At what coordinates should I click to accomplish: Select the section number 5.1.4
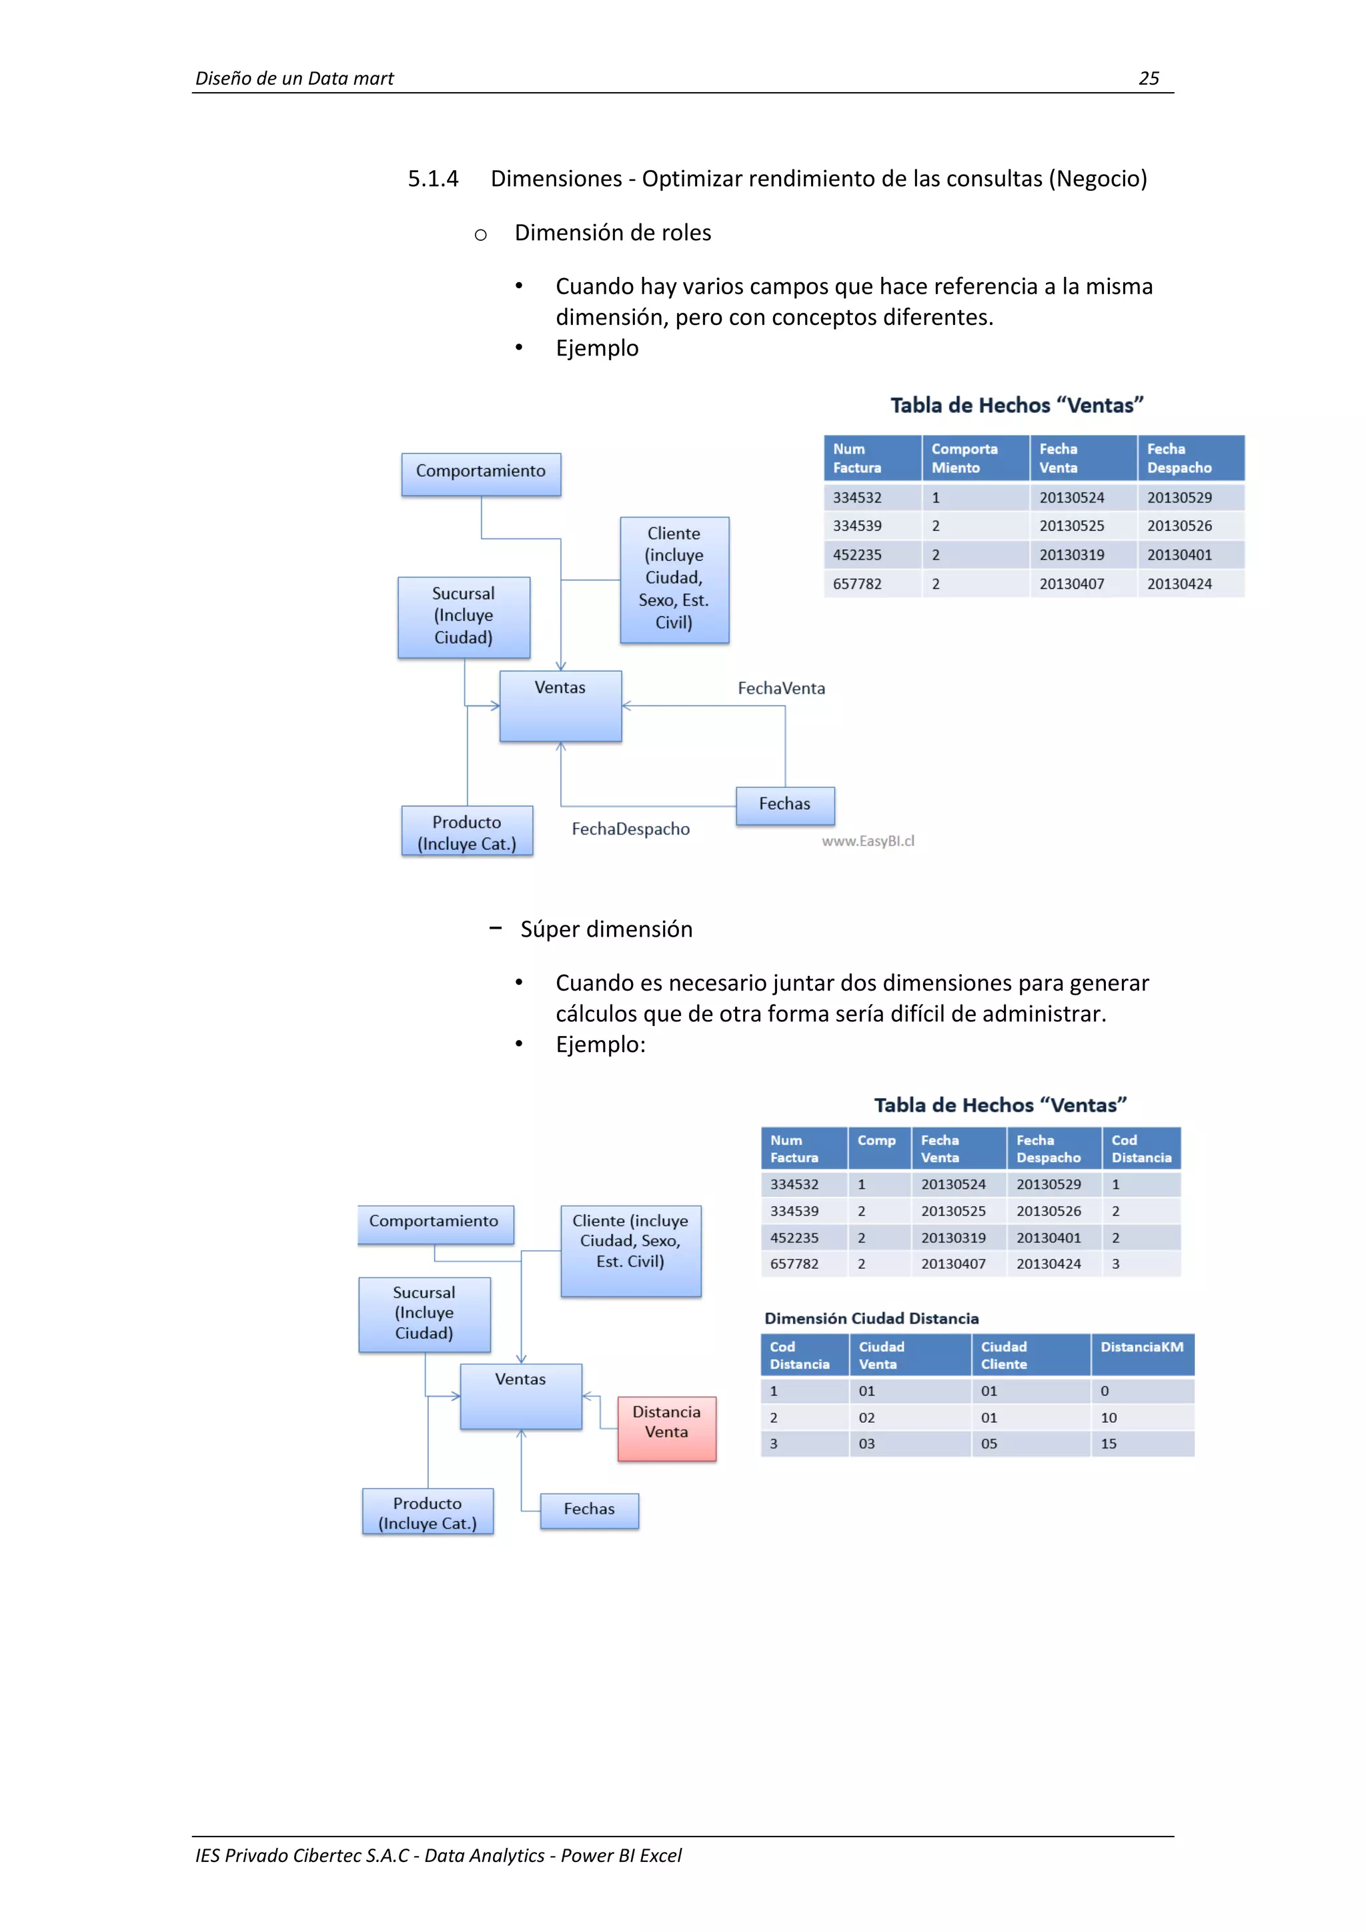tap(432, 178)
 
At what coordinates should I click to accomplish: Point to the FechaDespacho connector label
tap(630, 829)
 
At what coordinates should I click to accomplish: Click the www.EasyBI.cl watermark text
tap(867, 841)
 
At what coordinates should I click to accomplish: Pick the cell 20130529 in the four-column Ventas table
tap(1179, 497)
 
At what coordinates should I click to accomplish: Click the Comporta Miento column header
tap(964, 458)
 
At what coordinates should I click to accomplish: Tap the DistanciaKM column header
tap(1141, 1347)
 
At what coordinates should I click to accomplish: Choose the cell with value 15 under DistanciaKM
tap(1109, 1444)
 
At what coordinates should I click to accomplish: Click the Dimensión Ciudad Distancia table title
tap(870, 1318)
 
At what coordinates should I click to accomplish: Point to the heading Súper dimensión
tap(606, 929)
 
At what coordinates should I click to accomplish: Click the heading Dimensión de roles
tap(612, 233)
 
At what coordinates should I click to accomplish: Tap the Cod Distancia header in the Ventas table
tap(1141, 1149)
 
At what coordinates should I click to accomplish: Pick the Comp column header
tap(876, 1141)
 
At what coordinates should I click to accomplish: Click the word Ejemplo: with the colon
tap(600, 1044)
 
